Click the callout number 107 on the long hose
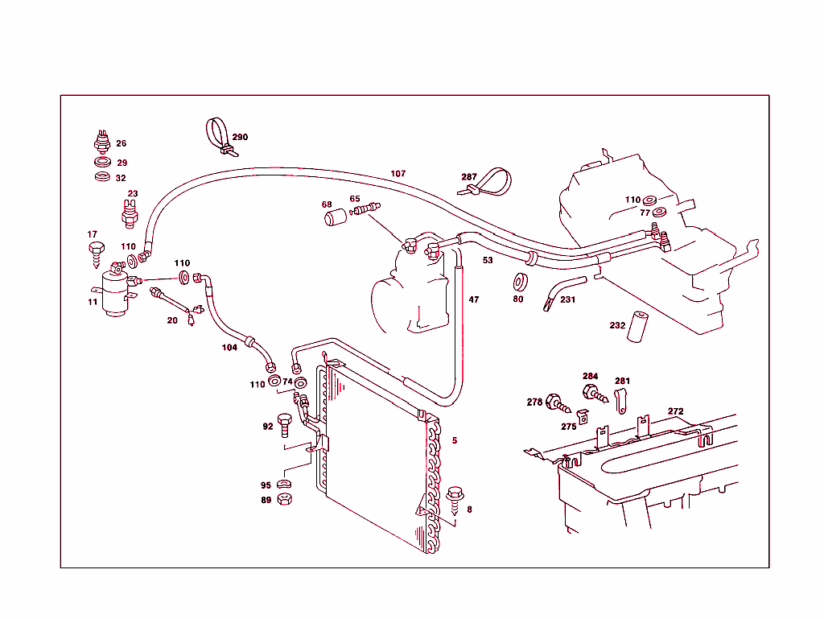[398, 174]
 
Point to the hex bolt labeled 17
[97, 251]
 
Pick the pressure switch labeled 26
[101, 142]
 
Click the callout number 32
[121, 178]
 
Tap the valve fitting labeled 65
[365, 210]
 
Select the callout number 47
[474, 299]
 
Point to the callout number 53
[488, 260]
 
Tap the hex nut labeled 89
[283, 499]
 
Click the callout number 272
[675, 411]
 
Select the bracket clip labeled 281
[620, 399]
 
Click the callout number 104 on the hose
[230, 348]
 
